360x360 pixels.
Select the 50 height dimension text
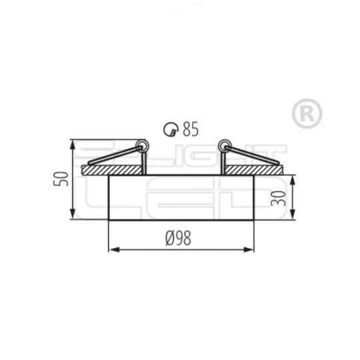pos(61,179)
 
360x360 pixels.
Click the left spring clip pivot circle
pos(141,145)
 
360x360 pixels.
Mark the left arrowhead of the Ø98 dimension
pos(111,251)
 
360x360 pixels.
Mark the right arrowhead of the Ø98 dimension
pos(251,251)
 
